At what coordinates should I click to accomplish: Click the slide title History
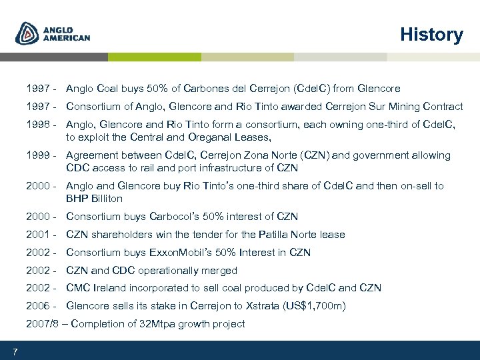point(431,35)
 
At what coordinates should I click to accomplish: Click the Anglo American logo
point(53,33)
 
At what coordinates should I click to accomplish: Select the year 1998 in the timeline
point(38,125)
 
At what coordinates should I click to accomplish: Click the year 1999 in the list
point(38,155)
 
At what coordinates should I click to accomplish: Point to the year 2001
point(38,235)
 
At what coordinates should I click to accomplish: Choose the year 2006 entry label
point(38,306)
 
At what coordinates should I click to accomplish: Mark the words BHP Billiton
point(94,199)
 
